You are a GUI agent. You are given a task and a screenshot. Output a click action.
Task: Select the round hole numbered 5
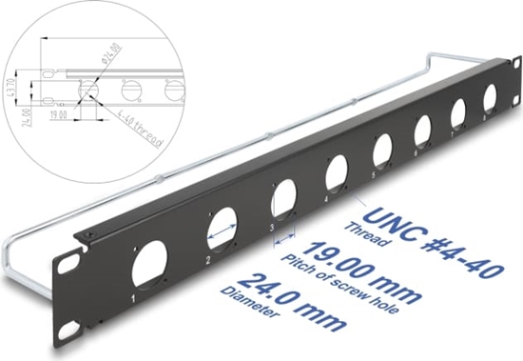click(x=382, y=150)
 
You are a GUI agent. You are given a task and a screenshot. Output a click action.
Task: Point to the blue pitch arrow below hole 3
click(x=284, y=244)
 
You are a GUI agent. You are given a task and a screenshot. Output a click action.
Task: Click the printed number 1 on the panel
click(x=133, y=298)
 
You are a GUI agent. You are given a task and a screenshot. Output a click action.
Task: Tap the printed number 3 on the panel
click(x=271, y=229)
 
